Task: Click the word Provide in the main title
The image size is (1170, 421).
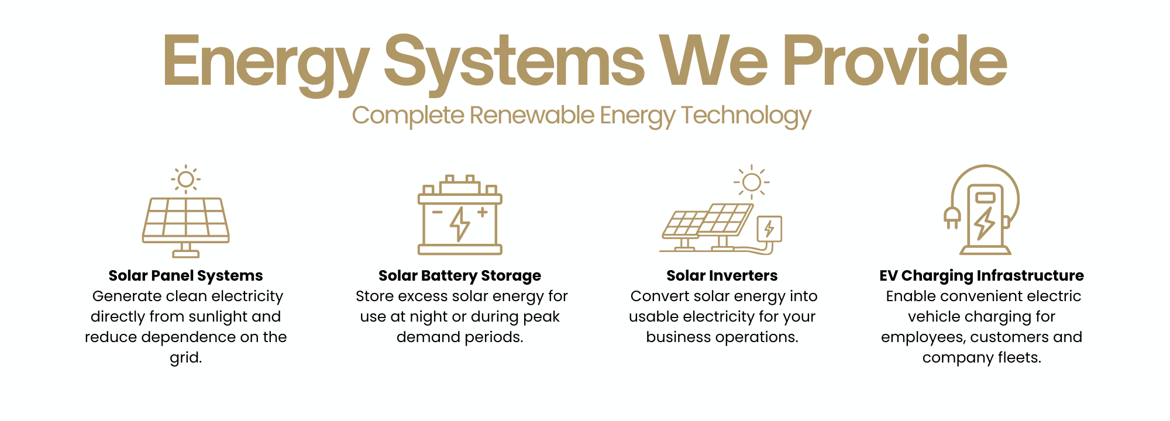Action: pos(895,60)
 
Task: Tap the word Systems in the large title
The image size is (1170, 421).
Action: pos(514,64)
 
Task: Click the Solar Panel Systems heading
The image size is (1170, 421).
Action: pos(185,275)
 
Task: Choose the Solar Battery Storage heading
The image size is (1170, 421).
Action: pos(460,275)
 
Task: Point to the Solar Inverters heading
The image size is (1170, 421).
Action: pos(722,275)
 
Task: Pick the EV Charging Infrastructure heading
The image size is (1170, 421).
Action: pos(982,275)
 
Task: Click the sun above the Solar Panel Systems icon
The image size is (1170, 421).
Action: pos(186,179)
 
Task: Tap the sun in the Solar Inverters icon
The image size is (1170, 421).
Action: pos(752,182)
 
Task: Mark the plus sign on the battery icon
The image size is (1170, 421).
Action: pos(483,212)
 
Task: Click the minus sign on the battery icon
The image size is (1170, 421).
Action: pos(438,212)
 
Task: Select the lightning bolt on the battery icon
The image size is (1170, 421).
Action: pos(460,224)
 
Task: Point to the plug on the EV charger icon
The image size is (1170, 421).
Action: pos(952,218)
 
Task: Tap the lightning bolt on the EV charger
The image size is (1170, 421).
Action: pos(985,223)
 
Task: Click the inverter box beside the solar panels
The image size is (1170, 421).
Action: pos(769,229)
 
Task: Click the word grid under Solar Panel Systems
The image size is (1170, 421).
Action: pos(186,358)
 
